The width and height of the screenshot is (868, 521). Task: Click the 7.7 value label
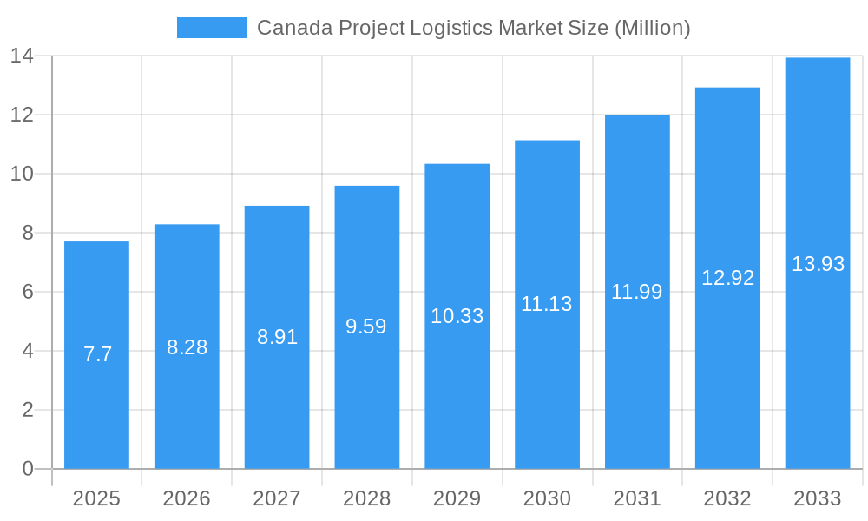click(x=97, y=354)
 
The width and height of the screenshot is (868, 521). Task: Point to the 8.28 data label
click(x=187, y=347)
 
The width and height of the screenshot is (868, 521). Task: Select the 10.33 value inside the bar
click(x=457, y=316)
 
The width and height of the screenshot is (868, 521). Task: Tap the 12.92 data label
click(x=727, y=278)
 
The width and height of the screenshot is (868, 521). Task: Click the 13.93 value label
click(x=818, y=264)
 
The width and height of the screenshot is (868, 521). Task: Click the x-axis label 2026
click(x=187, y=498)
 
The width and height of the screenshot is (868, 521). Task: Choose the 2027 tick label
click(x=277, y=498)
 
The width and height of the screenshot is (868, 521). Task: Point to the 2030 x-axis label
click(x=547, y=498)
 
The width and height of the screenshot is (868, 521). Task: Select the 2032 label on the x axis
click(x=727, y=498)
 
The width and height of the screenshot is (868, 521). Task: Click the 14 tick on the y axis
click(x=23, y=56)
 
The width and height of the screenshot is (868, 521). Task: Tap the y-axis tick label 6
click(x=28, y=292)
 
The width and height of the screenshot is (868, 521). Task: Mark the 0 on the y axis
click(x=28, y=469)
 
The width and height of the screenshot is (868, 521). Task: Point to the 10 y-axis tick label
click(x=23, y=174)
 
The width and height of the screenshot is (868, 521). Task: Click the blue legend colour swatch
click(x=211, y=28)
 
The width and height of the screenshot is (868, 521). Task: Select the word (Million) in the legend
click(x=652, y=28)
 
